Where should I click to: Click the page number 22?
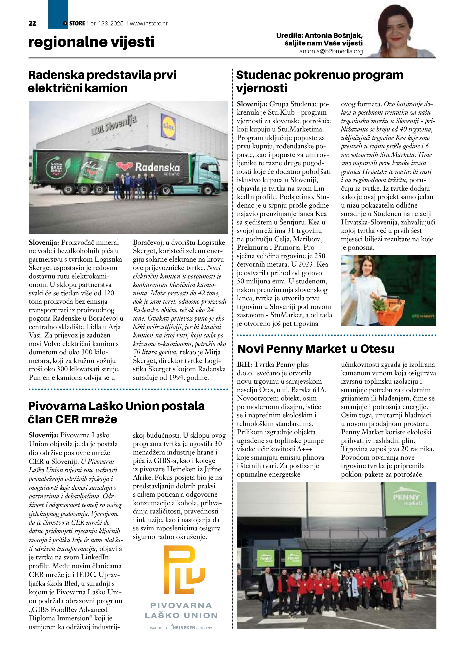tap(32, 23)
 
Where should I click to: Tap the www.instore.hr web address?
tap(149, 23)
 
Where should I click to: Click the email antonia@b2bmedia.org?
tap(331, 52)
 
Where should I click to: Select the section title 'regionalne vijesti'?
tap(91, 42)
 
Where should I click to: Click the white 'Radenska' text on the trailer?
tap(157, 167)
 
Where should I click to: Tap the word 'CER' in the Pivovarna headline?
tap(67, 419)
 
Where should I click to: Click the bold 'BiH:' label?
tap(244, 364)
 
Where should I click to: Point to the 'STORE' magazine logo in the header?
tap(77, 23)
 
